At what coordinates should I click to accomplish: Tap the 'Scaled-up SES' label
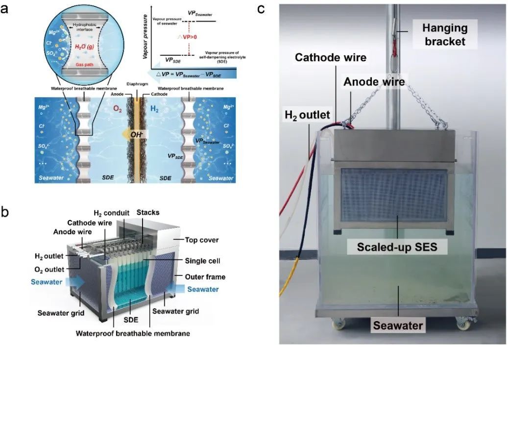pyautogui.click(x=398, y=247)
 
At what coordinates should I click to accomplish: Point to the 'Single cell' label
pyautogui.click(x=202, y=261)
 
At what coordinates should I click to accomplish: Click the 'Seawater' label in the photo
pyautogui.click(x=398, y=324)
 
